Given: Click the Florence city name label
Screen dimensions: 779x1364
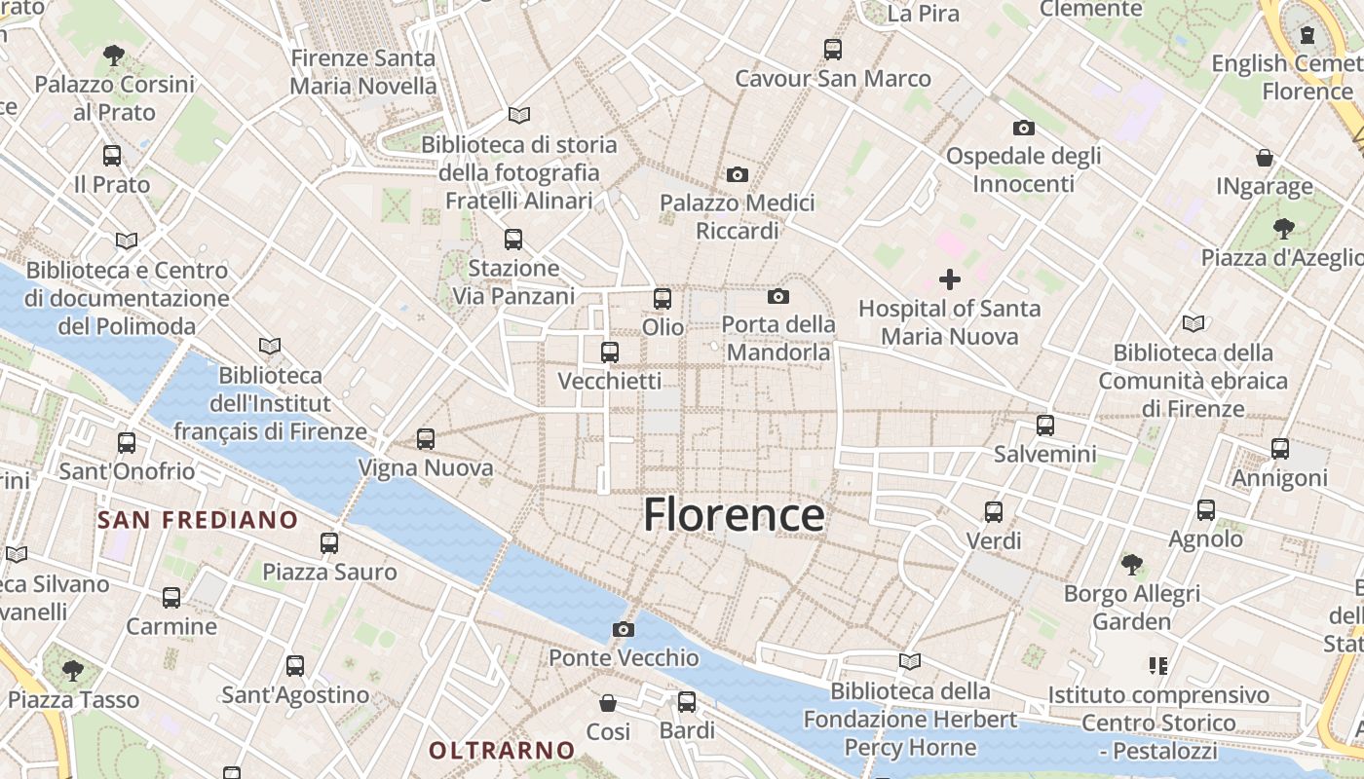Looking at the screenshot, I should tap(734, 515).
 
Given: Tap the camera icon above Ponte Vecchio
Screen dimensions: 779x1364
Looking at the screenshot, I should tap(624, 629).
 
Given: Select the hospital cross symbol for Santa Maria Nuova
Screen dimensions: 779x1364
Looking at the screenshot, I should tap(950, 280).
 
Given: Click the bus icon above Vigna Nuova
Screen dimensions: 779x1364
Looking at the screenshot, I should tap(426, 439).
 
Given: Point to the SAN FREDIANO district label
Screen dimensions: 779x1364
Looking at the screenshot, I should tap(198, 520).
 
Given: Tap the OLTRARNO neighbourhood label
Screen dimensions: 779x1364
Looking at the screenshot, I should tap(503, 751).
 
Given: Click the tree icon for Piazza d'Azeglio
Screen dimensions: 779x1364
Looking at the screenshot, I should tap(1284, 229).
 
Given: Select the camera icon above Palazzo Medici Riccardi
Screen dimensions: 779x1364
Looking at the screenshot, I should tap(738, 174).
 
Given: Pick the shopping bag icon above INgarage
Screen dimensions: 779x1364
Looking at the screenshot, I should tap(1265, 157).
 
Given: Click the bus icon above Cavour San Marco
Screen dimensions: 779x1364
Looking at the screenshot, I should tap(833, 50).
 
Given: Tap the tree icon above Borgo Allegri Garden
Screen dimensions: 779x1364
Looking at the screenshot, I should tap(1131, 564).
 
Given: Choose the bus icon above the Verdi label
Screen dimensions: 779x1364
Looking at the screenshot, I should tap(994, 511).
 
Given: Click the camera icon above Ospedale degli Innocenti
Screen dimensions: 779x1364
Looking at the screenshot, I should tap(1023, 128).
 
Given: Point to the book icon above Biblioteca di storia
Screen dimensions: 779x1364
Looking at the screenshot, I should tap(519, 115).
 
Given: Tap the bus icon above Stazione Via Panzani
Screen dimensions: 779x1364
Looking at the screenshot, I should tap(513, 239).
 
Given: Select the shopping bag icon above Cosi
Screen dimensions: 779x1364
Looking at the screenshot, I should tap(608, 702).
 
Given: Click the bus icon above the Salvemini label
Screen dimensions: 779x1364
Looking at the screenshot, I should tap(1045, 426).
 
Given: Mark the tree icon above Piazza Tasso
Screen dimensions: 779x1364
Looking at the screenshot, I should tap(73, 670).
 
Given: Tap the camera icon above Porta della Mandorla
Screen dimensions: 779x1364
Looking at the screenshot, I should tap(777, 296).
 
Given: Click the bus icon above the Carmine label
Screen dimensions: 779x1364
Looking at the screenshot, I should tap(171, 597).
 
